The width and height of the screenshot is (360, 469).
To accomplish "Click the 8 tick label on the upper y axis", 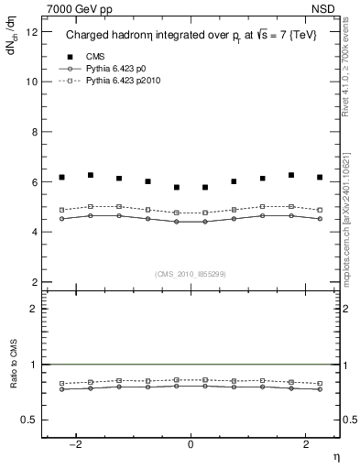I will click(x=36, y=132).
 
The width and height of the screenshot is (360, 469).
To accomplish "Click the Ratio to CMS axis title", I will click(x=12, y=375).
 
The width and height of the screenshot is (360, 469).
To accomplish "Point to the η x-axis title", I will click(x=335, y=455).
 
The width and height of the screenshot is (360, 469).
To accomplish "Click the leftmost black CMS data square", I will click(x=61, y=177).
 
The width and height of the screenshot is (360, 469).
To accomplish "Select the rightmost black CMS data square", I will click(x=320, y=177).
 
